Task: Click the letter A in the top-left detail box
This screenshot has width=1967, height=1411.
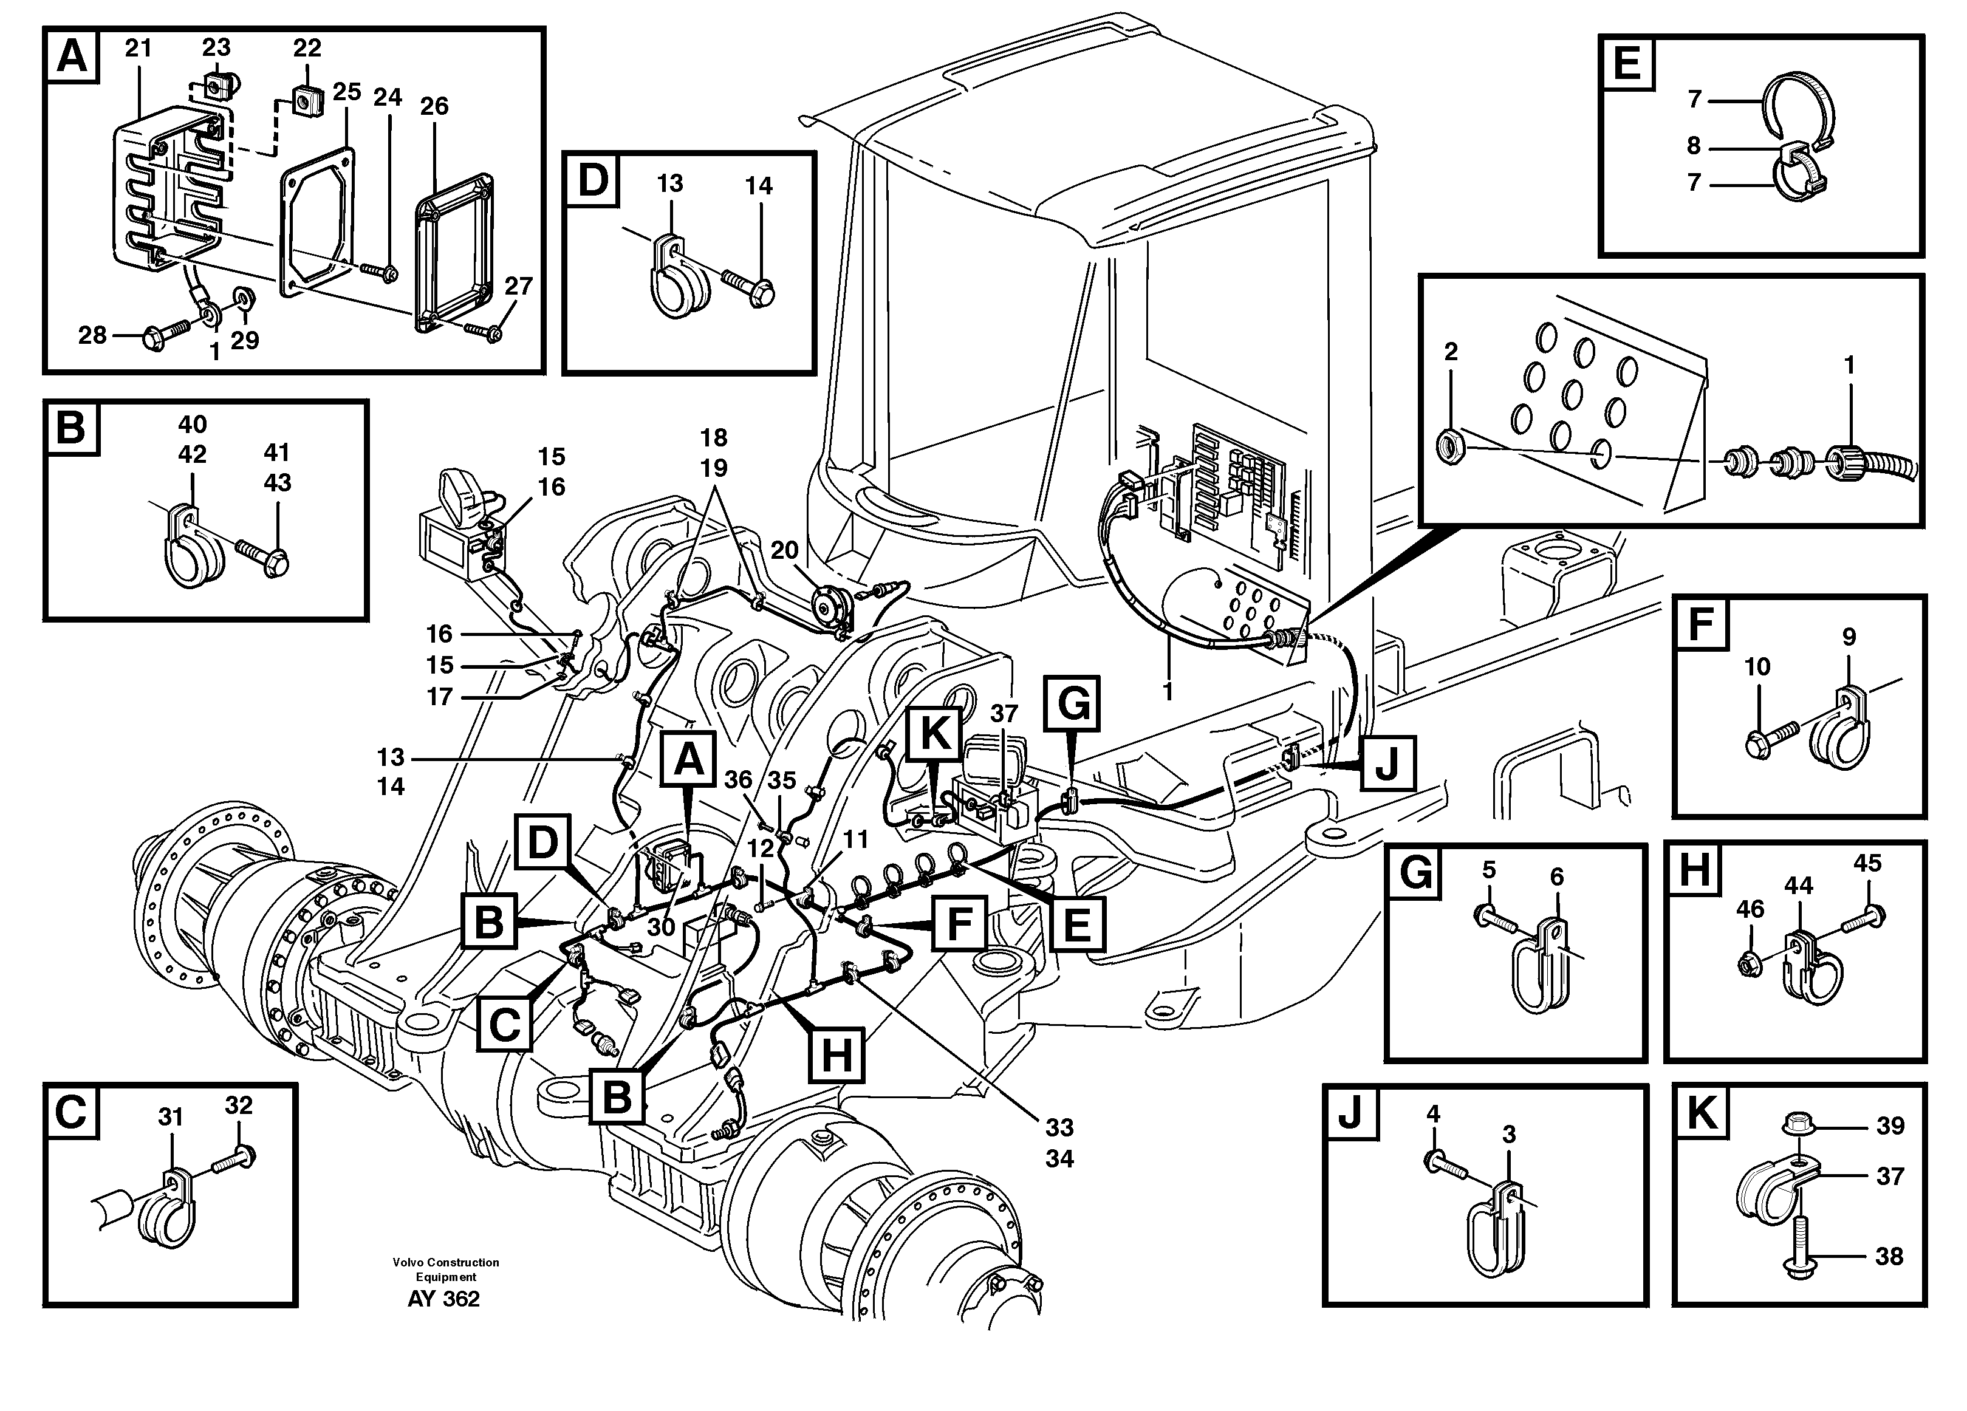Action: tap(71, 56)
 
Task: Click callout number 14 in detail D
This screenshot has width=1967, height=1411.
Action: tap(758, 186)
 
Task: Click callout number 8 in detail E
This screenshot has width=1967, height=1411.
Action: tap(1693, 146)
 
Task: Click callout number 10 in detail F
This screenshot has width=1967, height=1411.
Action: tap(1757, 667)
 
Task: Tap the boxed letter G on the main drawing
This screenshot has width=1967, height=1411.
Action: tap(1073, 703)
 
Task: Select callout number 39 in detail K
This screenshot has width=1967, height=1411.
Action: tap(1890, 1126)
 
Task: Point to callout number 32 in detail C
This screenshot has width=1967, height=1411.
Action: tap(239, 1105)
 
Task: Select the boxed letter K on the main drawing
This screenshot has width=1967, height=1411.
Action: tap(934, 734)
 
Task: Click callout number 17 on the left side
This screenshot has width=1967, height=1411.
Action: tap(440, 697)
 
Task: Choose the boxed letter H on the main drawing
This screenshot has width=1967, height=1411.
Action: tap(836, 1056)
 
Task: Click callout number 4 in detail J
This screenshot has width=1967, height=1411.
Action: tap(1434, 1113)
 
